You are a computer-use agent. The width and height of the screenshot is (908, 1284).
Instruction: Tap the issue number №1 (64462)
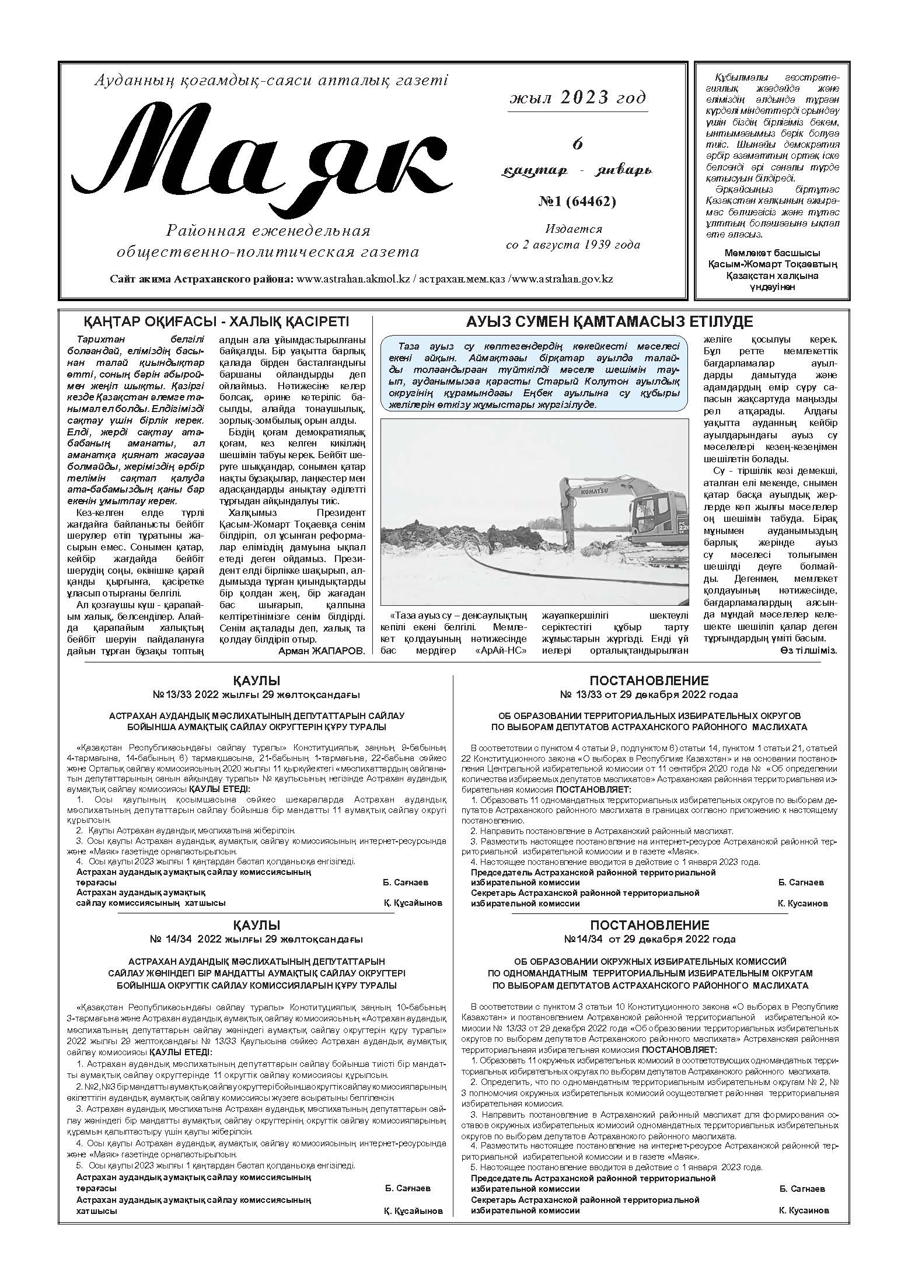[576, 202]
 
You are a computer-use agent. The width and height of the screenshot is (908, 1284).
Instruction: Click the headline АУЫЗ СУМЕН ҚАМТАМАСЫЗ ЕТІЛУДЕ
[609, 322]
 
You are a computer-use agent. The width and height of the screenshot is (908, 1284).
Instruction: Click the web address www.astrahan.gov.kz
[563, 279]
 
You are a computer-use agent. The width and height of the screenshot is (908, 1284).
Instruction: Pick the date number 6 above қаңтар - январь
[577, 144]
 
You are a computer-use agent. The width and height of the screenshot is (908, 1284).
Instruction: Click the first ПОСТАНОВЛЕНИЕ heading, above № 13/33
[649, 681]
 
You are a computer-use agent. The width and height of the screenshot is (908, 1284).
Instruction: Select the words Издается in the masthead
[574, 229]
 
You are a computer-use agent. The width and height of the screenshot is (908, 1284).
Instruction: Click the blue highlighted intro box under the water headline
[533, 374]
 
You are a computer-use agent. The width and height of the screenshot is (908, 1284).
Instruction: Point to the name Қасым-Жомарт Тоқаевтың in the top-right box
[772, 264]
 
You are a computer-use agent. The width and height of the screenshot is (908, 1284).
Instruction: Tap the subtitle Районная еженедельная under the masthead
[268, 231]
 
